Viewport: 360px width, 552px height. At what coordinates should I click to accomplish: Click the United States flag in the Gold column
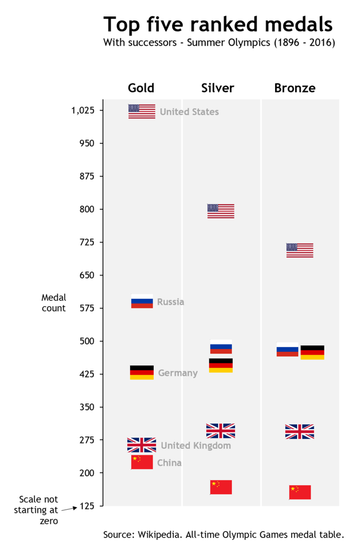(141, 111)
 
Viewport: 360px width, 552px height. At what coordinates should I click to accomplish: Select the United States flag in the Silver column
(221, 211)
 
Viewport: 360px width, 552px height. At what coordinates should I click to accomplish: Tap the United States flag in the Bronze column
(299, 250)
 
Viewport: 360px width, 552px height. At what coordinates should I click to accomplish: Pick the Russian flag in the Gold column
(142, 301)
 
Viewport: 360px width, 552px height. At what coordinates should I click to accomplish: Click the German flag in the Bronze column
(312, 352)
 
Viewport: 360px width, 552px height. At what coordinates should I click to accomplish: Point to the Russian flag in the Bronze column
(287, 349)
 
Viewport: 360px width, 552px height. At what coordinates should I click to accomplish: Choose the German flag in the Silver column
(221, 365)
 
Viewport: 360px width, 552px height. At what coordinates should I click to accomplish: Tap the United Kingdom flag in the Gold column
(141, 445)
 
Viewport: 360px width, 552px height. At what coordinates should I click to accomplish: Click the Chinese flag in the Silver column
(221, 487)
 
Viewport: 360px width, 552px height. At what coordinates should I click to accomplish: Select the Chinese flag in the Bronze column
(300, 492)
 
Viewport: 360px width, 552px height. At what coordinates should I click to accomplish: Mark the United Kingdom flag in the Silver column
(221, 431)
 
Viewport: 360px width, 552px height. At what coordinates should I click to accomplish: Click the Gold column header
(141, 88)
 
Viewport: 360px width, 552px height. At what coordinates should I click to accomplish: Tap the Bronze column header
(295, 88)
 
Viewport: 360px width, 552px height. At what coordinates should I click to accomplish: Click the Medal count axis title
(53, 303)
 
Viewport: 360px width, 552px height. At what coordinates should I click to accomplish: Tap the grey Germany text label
(177, 373)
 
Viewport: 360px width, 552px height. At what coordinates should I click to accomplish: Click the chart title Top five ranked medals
(218, 24)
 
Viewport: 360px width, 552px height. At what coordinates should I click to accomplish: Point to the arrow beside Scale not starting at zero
(68, 509)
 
